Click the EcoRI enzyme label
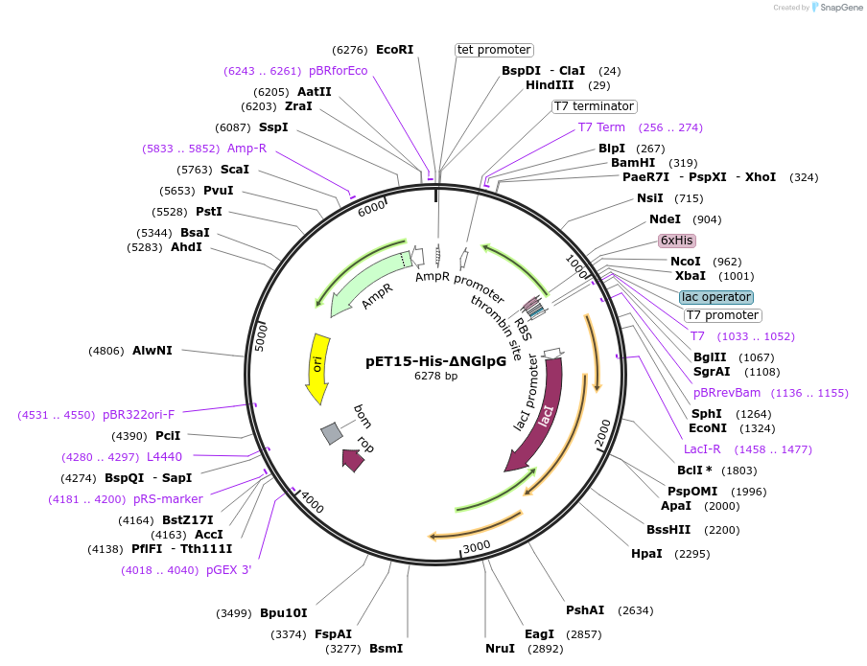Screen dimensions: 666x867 point(394,50)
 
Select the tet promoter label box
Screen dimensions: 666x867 point(494,50)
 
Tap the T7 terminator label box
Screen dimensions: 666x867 point(594,106)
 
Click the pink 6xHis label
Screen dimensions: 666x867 point(676,241)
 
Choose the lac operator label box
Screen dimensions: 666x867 point(716,297)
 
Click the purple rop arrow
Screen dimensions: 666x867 point(353,460)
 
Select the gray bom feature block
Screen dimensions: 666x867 point(332,433)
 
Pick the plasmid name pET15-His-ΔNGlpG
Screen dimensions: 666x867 point(435,361)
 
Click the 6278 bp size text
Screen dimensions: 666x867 point(435,376)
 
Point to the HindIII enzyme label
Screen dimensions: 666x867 point(550,85)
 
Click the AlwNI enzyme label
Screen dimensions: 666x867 point(152,351)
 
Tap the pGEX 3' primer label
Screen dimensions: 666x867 point(229,570)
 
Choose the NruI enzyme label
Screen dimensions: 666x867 point(500,649)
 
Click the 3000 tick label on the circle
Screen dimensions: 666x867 point(477,546)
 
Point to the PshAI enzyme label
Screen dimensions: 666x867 point(585,610)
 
